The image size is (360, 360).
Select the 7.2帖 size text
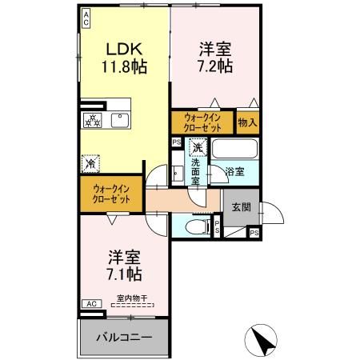216,66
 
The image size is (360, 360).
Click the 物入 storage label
248,122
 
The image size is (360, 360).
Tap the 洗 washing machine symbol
197,147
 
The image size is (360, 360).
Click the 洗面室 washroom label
195,172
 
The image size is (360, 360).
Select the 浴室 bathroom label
234,171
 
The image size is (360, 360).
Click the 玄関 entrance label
241,206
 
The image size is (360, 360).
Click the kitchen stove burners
92,120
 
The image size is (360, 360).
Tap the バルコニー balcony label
125,337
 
